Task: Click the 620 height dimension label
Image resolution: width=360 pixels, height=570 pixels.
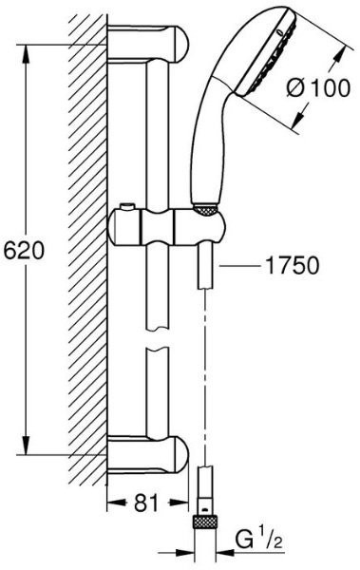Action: (x=24, y=250)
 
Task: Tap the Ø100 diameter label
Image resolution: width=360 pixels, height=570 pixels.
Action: (x=318, y=88)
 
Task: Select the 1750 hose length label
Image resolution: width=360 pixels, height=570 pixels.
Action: (x=293, y=266)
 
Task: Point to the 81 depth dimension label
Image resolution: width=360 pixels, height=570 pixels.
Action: (x=146, y=503)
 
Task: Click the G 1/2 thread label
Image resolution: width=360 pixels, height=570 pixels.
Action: (x=258, y=541)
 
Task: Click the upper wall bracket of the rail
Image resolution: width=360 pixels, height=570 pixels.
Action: (x=148, y=45)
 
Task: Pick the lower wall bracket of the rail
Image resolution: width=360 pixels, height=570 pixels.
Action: (x=148, y=455)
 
